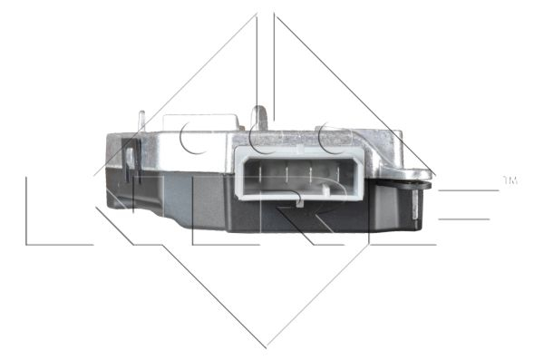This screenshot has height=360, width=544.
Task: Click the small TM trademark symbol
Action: click(x=510, y=181)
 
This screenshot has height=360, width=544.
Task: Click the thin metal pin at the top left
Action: click(x=141, y=121)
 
